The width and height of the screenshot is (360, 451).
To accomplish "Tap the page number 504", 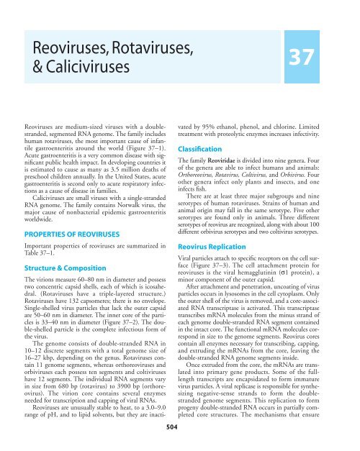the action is coord(179,445).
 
